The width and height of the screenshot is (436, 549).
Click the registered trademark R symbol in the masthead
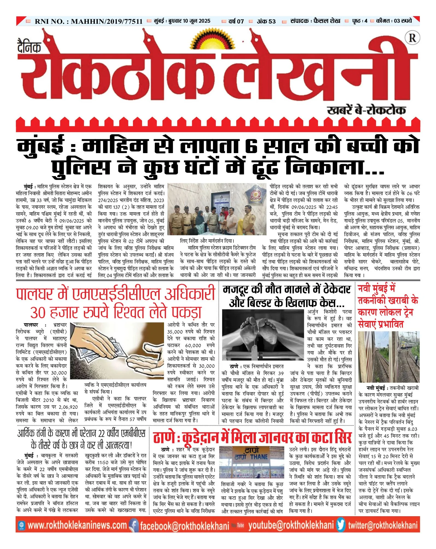pos(412,38)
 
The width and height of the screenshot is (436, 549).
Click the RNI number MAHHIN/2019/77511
pos(106,21)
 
